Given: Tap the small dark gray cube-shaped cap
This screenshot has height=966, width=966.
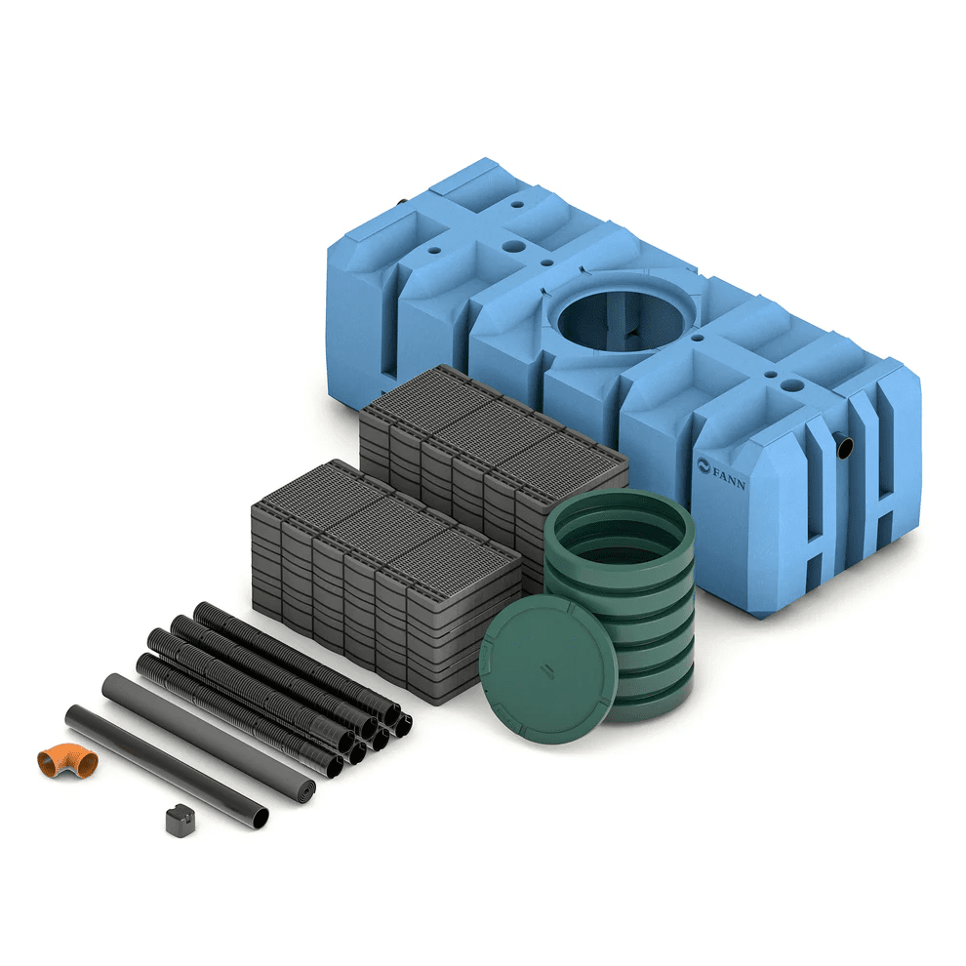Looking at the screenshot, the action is tap(181, 821).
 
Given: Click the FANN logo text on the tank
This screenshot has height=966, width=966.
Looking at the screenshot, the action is tap(729, 477).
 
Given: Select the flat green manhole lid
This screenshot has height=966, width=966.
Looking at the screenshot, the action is tap(548, 669).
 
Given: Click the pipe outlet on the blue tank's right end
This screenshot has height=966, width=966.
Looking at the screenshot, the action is tap(844, 445).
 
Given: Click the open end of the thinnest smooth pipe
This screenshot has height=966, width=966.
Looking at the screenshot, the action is tap(261, 819).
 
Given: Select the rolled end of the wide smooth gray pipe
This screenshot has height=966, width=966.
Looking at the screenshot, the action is tap(303, 789).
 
